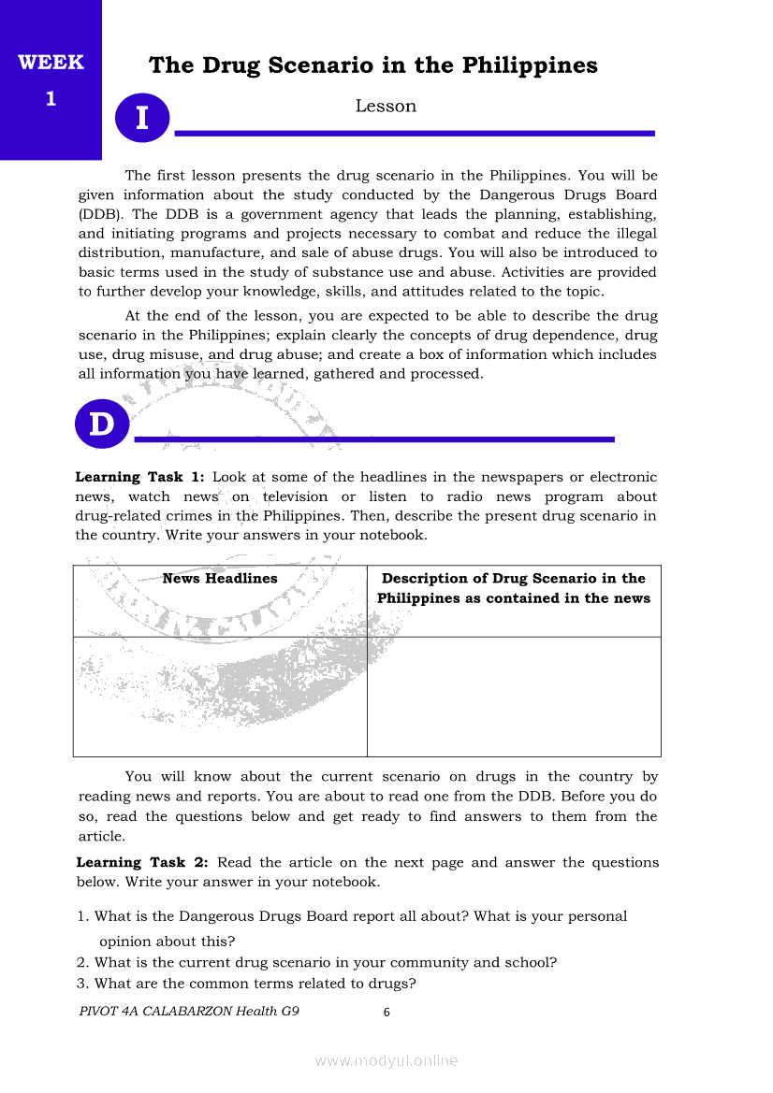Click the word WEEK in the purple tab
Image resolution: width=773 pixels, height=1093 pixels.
click(51, 63)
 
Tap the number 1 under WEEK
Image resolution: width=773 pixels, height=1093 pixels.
click(51, 98)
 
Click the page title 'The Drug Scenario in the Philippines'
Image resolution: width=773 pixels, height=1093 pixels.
click(372, 65)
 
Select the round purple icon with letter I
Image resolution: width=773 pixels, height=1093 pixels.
click(142, 119)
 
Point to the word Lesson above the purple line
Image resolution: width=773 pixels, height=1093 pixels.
click(386, 107)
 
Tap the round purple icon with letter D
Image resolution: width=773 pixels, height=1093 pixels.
click(101, 424)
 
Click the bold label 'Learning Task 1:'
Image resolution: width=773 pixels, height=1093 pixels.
click(139, 477)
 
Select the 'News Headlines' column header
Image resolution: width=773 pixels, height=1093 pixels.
click(220, 579)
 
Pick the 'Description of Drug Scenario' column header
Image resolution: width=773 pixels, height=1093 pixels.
click(513, 588)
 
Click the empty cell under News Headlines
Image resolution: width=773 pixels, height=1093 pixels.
click(220, 697)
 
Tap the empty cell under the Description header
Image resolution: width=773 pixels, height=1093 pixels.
click(513, 697)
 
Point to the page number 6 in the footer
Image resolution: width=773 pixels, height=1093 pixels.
click(386, 1012)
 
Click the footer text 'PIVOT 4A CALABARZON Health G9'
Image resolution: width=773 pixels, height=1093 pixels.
click(189, 1011)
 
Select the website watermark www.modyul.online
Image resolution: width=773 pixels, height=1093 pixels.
click(386, 1060)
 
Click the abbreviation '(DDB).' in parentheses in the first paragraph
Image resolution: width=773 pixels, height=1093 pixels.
click(99, 214)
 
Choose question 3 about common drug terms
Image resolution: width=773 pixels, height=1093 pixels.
click(246, 984)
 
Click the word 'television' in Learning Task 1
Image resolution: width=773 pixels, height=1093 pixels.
click(295, 496)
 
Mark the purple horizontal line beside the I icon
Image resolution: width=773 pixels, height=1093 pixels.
click(415, 134)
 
